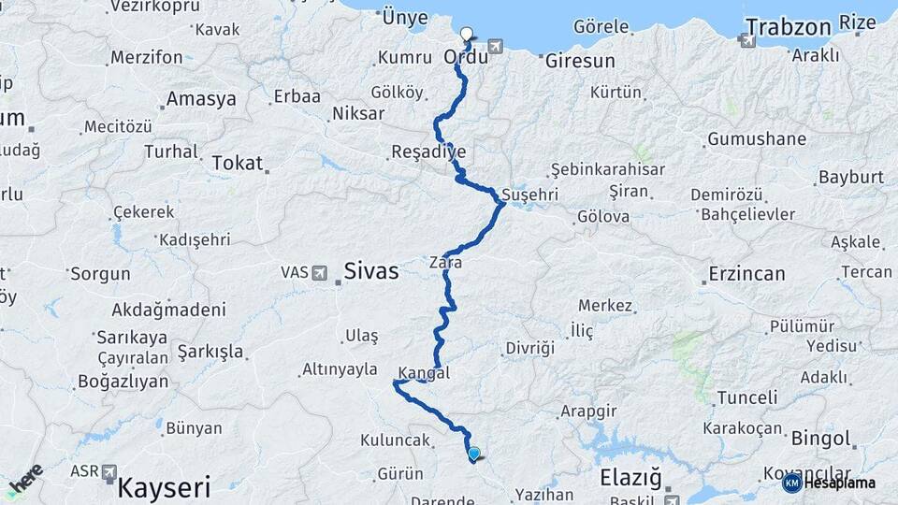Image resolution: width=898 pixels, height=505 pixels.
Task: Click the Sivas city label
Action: pos(371,272)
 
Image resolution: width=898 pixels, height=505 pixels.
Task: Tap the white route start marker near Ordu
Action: pos(467,35)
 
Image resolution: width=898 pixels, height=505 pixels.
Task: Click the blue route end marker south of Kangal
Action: pos(474,454)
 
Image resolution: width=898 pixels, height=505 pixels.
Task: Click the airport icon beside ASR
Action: pos(109,472)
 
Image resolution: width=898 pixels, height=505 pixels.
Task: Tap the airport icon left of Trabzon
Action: pos(746,40)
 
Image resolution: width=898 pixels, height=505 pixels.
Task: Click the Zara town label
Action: pos(446,264)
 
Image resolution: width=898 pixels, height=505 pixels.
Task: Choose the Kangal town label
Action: pos(424,372)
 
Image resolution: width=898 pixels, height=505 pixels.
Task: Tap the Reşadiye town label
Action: pos(428,151)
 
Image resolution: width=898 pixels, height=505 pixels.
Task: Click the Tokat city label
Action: pos(238,163)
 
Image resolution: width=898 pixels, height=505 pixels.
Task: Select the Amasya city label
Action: pos(201,99)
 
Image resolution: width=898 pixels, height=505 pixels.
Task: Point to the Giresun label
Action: pos(579,62)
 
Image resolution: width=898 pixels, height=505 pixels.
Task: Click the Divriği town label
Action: pos(530,348)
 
